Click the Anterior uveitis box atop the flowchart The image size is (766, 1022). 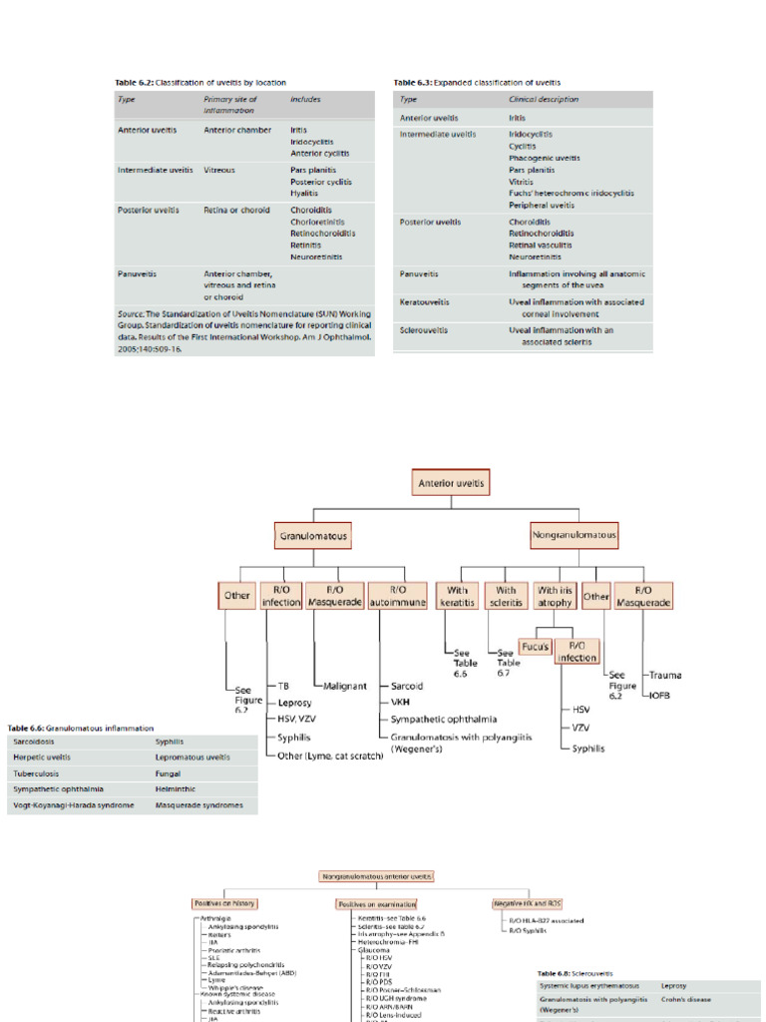(x=452, y=484)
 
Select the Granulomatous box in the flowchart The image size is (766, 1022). (x=312, y=536)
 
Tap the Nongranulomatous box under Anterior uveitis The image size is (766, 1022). (x=574, y=535)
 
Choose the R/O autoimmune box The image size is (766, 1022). (x=397, y=596)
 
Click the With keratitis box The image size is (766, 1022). (x=458, y=596)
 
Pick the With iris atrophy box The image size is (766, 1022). (x=555, y=596)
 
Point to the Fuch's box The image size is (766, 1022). (x=535, y=647)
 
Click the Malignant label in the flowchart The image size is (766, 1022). (x=345, y=687)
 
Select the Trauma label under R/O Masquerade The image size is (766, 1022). (x=667, y=677)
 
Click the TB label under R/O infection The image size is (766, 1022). (x=284, y=687)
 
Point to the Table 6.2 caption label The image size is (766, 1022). (x=201, y=83)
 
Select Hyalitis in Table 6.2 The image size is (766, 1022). (x=303, y=194)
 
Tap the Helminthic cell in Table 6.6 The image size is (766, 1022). (x=178, y=788)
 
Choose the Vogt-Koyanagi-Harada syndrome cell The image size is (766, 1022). (x=73, y=804)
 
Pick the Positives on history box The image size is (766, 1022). (x=224, y=903)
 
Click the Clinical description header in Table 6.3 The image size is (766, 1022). (x=543, y=100)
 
